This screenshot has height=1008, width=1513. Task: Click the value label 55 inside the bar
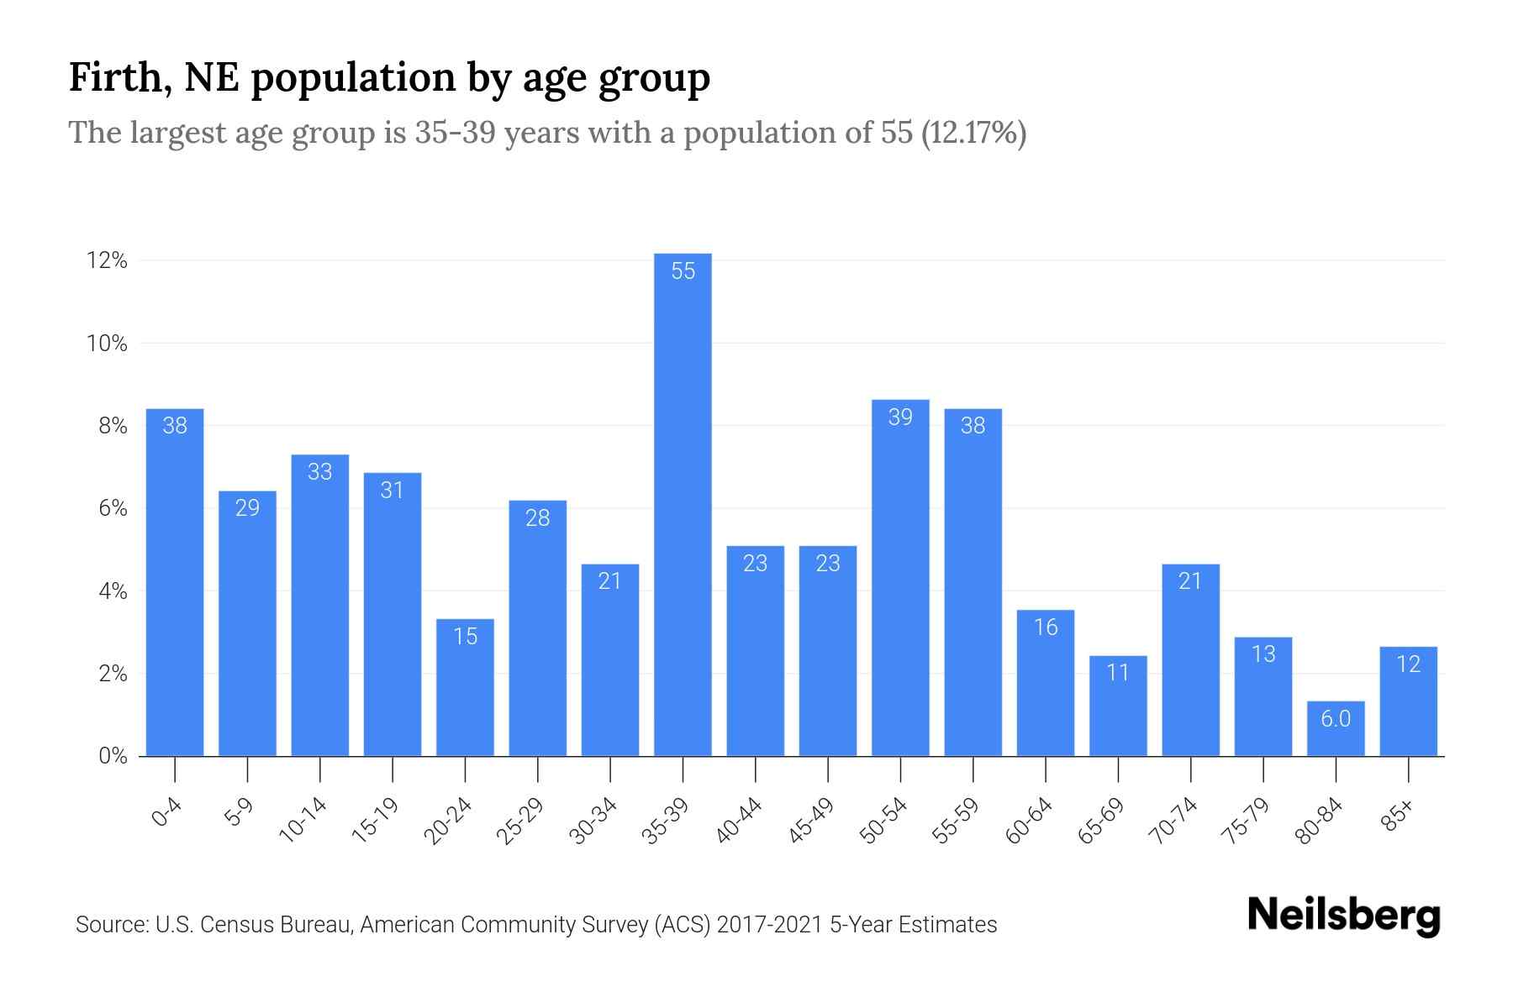coord(683,271)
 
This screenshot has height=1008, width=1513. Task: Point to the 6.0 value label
coord(1335,719)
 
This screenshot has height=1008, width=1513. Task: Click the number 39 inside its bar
coord(900,417)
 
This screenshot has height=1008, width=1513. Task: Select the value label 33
coord(319,472)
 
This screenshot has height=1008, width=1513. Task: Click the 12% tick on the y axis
coord(107,261)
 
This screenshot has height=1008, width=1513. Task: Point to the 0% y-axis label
coord(113,756)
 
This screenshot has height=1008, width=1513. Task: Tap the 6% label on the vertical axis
coord(113,509)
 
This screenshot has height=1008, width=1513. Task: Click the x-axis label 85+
coord(1398,816)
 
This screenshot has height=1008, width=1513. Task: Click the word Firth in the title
coord(115,77)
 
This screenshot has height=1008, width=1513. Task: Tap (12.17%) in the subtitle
coord(973,134)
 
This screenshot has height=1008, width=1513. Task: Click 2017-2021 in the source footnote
coord(769,925)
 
